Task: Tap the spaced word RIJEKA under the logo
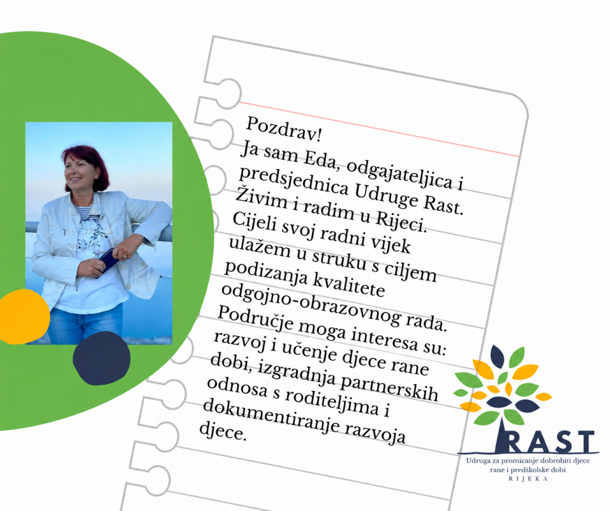(x=528, y=479)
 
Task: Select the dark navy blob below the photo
(x=101, y=358)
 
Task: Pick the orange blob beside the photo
(x=23, y=316)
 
